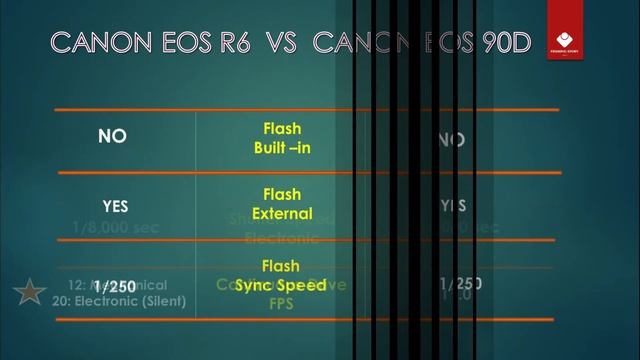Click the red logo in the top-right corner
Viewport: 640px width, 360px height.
[564, 40]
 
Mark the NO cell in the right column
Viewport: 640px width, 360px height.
[452, 139]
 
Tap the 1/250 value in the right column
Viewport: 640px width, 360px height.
[461, 283]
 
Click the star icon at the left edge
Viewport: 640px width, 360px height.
[29, 292]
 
